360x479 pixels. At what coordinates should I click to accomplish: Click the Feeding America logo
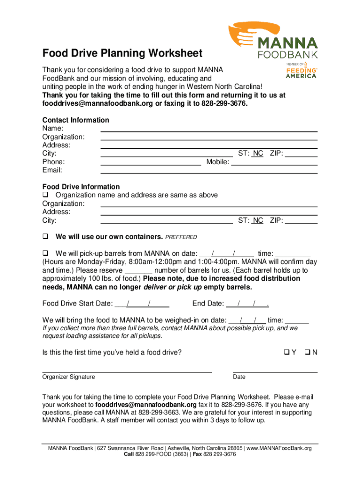click(301, 71)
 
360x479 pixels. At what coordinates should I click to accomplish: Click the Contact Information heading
click(76, 120)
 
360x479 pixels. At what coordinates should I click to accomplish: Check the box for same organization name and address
click(46, 195)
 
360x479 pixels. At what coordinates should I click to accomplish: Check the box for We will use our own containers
click(46, 237)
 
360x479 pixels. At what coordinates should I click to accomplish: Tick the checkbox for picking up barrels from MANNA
click(46, 254)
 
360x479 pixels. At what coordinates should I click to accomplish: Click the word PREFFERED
click(181, 237)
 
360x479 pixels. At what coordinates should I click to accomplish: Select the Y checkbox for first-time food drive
click(286, 352)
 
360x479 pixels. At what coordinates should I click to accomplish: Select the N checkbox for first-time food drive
click(307, 352)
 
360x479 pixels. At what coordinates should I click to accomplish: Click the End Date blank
click(247, 304)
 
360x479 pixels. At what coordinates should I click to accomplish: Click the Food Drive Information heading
click(81, 187)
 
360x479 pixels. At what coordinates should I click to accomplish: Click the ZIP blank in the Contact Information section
click(302, 154)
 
